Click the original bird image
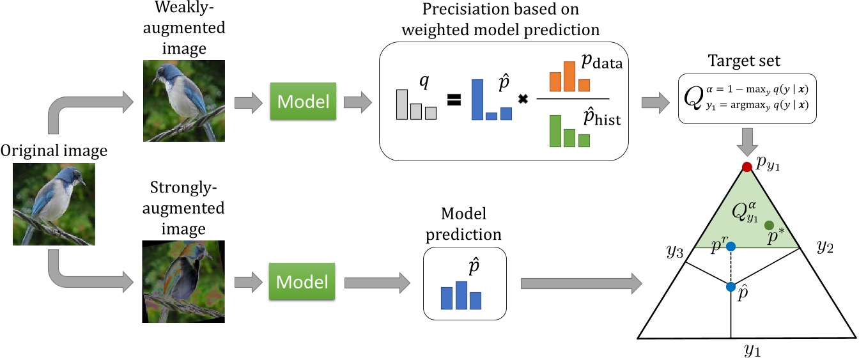click(x=54, y=204)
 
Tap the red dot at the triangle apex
click(x=746, y=167)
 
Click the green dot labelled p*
click(x=770, y=224)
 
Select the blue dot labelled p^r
click(x=731, y=246)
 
